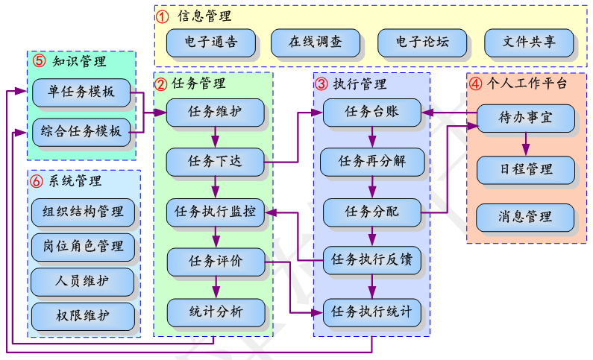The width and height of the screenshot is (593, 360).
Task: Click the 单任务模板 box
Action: click(x=81, y=92)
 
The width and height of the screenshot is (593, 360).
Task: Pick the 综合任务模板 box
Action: click(x=81, y=131)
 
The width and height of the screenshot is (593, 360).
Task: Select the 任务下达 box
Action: click(x=215, y=160)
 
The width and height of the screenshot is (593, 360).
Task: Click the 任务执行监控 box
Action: click(x=215, y=212)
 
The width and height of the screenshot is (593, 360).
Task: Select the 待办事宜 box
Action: click(x=526, y=118)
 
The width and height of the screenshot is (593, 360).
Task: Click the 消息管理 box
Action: click(x=526, y=218)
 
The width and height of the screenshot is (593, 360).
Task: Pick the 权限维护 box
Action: click(x=83, y=316)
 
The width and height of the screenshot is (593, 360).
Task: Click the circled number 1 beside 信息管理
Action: click(x=162, y=16)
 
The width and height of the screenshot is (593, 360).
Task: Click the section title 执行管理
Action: click(x=360, y=83)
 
